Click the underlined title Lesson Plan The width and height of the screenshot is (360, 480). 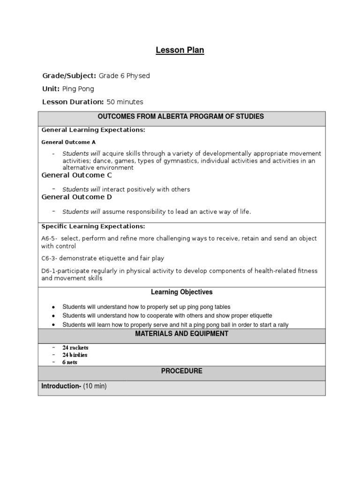(180, 50)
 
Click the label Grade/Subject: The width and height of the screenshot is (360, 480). (69, 75)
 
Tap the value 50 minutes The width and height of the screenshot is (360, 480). (125, 102)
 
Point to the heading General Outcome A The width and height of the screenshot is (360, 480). (68, 142)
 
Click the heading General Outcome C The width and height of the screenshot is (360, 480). (76, 175)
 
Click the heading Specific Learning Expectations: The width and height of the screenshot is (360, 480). (93, 226)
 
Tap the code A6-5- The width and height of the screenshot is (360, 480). (49, 239)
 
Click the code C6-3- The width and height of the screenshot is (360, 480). (50, 258)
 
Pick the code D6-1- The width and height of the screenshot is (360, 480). (50, 271)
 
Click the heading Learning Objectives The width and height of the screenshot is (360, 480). (181, 292)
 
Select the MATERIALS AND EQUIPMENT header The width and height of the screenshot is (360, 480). (181, 334)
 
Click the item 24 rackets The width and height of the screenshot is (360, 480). (75, 348)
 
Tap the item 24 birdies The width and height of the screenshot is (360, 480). (75, 355)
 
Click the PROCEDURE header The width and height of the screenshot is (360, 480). (181, 371)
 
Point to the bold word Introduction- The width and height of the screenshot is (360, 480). (61, 386)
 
